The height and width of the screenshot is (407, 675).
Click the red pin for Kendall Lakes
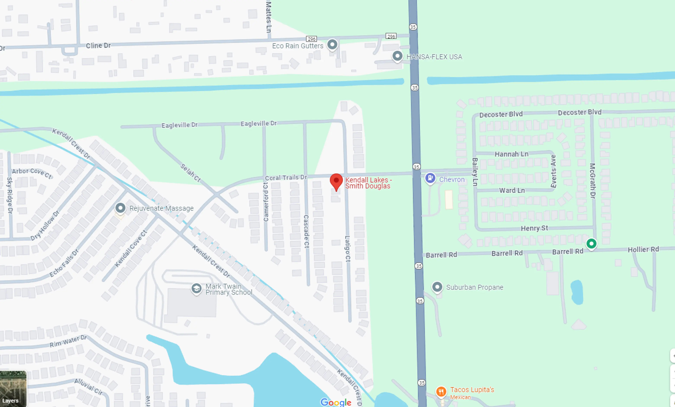click(336, 181)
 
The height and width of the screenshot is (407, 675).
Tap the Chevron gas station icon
click(430, 178)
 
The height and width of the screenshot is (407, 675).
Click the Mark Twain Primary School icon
click(196, 288)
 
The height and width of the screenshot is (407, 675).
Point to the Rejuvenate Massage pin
click(120, 208)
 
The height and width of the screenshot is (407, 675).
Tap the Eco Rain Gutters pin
click(332, 44)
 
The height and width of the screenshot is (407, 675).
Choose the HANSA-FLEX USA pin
click(397, 56)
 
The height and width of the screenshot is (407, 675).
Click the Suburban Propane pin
click(437, 287)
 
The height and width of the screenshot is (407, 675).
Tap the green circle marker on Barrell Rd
click(591, 243)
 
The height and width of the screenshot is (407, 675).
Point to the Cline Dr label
click(98, 45)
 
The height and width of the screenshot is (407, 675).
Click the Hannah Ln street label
click(511, 154)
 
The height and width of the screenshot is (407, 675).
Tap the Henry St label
click(534, 228)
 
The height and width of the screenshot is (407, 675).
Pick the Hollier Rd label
click(643, 249)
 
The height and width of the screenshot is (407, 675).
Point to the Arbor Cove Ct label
click(32, 173)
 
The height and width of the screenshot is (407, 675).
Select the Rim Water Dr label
click(68, 341)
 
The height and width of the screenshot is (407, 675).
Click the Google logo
click(336, 402)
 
